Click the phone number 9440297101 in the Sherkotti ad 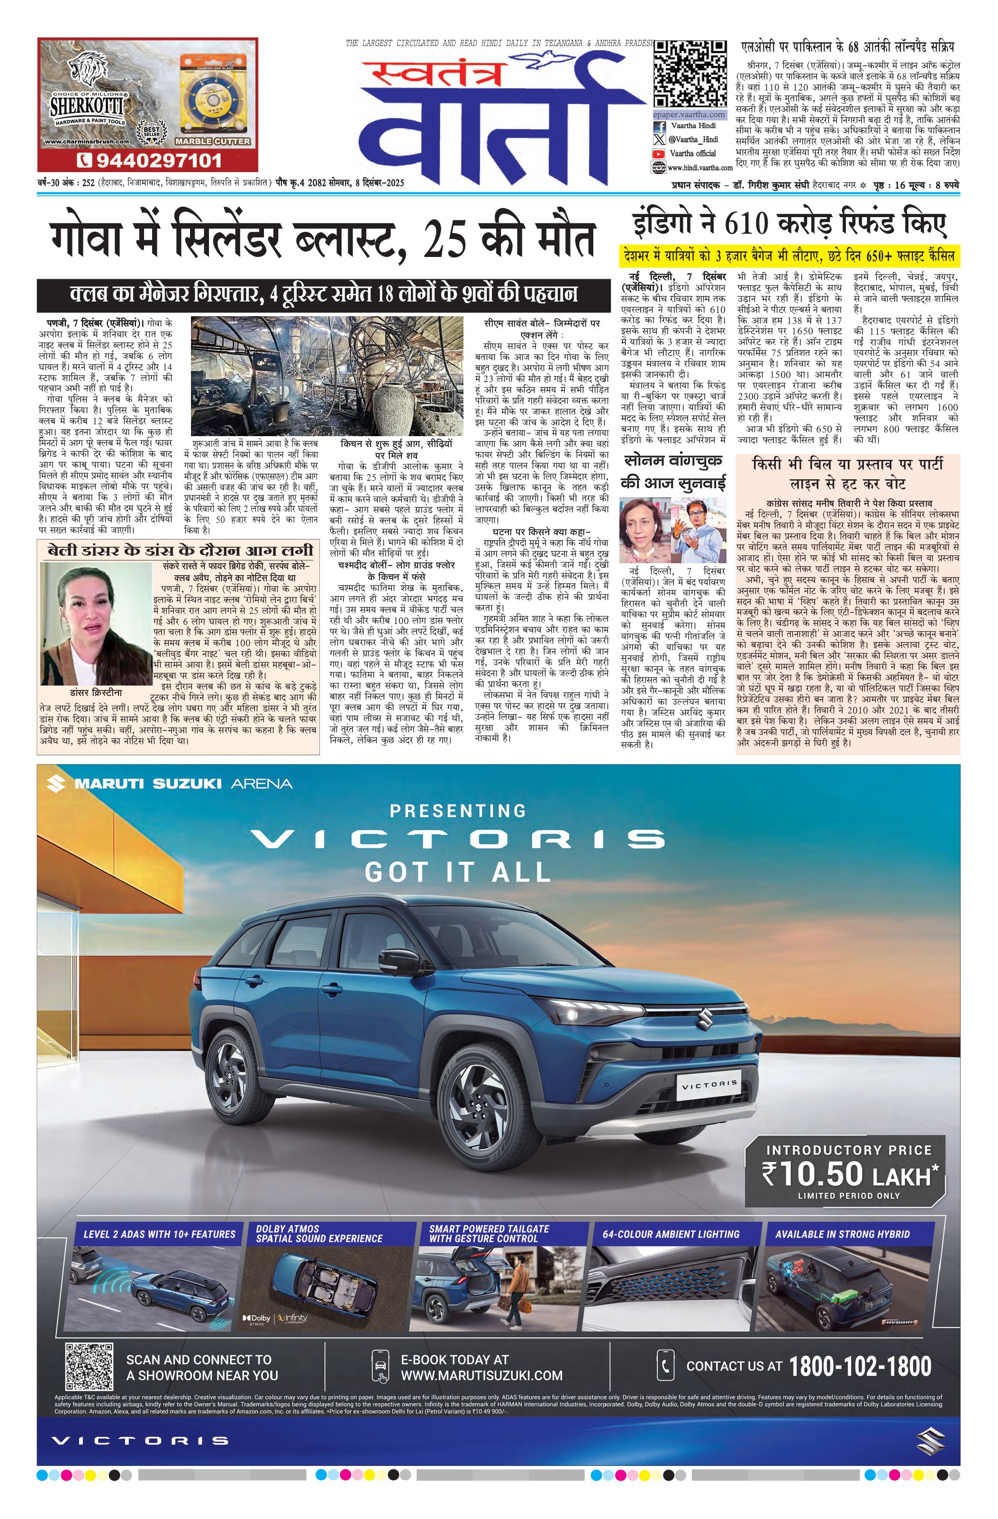(158, 160)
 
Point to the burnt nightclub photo (327, 376)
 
